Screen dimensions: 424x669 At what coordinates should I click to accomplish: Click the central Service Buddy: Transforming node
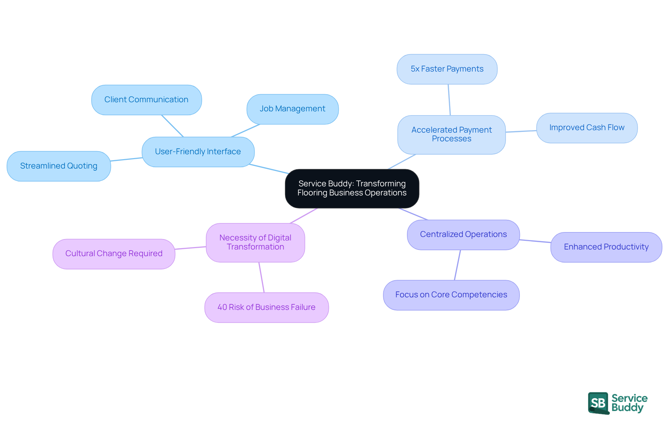pos(352,188)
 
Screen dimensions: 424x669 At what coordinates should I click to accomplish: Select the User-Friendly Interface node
pos(198,152)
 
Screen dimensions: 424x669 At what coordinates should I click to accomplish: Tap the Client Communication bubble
pos(146,100)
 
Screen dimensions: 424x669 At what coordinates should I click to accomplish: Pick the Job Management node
pos(292,109)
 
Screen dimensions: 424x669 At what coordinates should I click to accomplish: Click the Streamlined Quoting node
pos(59,166)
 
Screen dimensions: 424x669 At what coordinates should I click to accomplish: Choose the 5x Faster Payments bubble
pos(447,69)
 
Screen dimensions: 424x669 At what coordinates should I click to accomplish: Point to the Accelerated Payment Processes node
pos(451,135)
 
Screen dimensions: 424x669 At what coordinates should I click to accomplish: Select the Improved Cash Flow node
pos(587,128)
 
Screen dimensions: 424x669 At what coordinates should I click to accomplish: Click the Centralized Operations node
pos(463,235)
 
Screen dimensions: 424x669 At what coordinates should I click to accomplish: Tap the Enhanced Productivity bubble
pos(606,247)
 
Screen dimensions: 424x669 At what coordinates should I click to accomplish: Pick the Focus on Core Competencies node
pos(451,295)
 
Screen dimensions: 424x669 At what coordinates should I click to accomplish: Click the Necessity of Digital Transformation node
pos(255,243)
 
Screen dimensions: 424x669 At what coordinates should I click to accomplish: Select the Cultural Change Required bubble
pos(114,254)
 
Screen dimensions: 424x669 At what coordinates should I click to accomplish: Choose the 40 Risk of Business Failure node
pos(266,307)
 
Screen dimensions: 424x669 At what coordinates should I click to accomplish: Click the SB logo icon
pos(598,403)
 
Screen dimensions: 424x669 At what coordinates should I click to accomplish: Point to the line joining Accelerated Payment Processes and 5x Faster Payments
pos(449,100)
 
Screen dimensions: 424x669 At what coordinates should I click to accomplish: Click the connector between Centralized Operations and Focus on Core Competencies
pos(457,265)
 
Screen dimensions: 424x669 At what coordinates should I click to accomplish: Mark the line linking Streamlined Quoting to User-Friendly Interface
pos(126,159)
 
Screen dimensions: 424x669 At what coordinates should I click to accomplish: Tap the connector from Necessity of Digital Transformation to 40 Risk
pos(261,277)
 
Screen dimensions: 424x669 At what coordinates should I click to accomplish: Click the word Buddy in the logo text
pos(627,408)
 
